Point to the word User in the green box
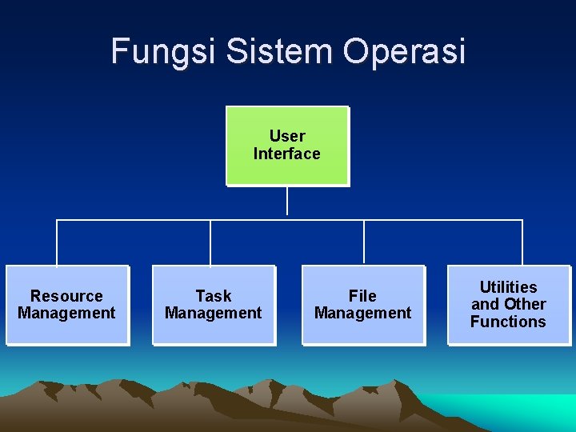[x=287, y=136]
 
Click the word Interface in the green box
[x=287, y=154]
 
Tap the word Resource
[x=66, y=296]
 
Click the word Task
[x=214, y=296]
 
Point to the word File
[x=362, y=296]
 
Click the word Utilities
[x=508, y=286]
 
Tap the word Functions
[x=508, y=322]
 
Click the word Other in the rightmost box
[x=526, y=304]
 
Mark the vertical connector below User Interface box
[x=287, y=202]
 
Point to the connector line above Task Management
[x=210, y=242]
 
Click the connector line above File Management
[x=364, y=242]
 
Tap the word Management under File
[x=362, y=313]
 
